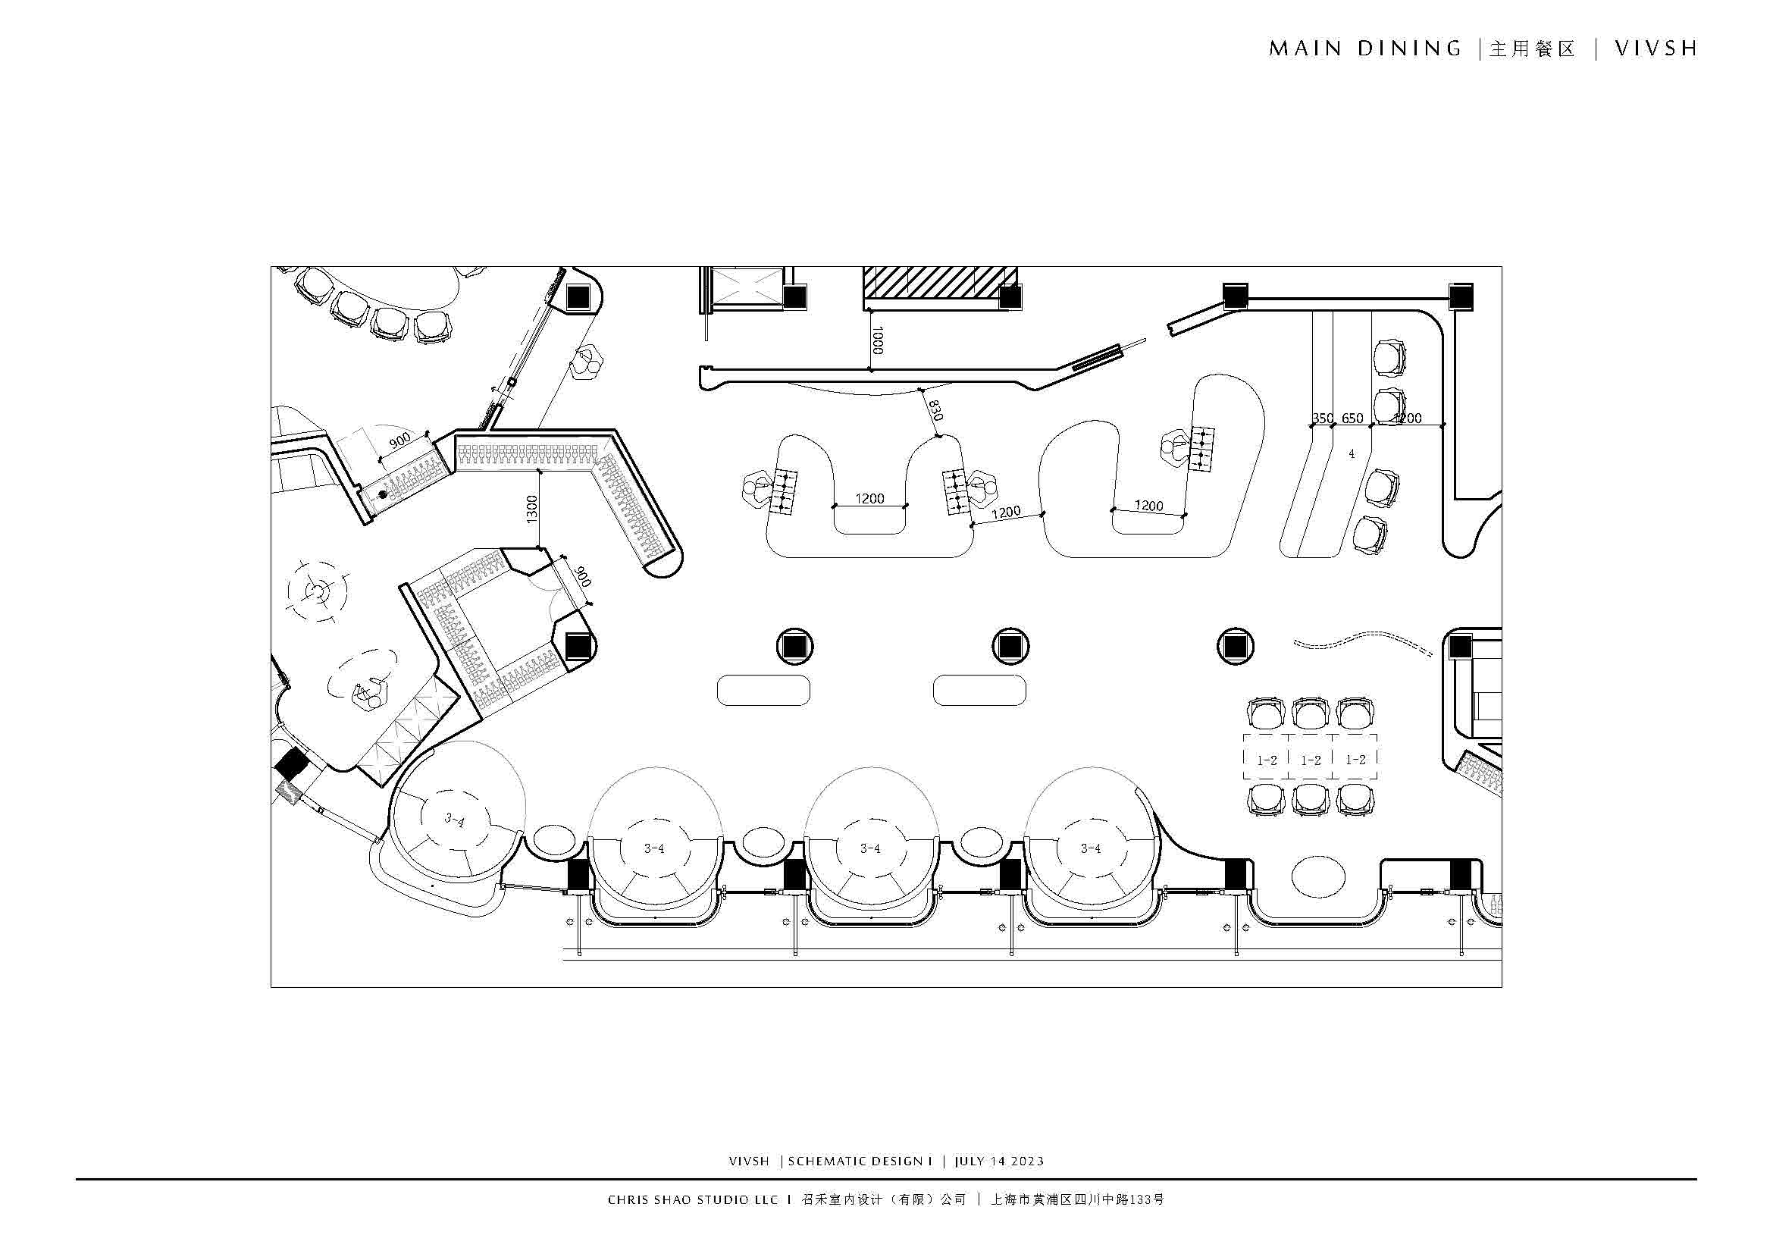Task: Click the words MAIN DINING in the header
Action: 1365,49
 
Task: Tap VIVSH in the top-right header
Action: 1656,49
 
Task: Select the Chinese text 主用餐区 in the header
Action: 1532,49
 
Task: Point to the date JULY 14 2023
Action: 999,1161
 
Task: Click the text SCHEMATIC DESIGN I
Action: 860,1161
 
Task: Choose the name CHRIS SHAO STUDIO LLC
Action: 693,1199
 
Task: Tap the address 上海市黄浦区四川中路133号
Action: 1077,1199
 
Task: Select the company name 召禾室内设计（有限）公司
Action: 884,1199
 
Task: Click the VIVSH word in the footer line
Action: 749,1161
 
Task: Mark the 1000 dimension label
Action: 877,340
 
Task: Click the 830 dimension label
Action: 935,410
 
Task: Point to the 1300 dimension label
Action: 531,509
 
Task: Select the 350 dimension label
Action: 1322,419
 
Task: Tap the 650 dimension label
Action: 1352,419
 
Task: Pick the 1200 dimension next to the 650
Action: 1407,419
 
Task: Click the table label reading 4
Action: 1352,454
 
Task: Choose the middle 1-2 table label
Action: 1311,760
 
